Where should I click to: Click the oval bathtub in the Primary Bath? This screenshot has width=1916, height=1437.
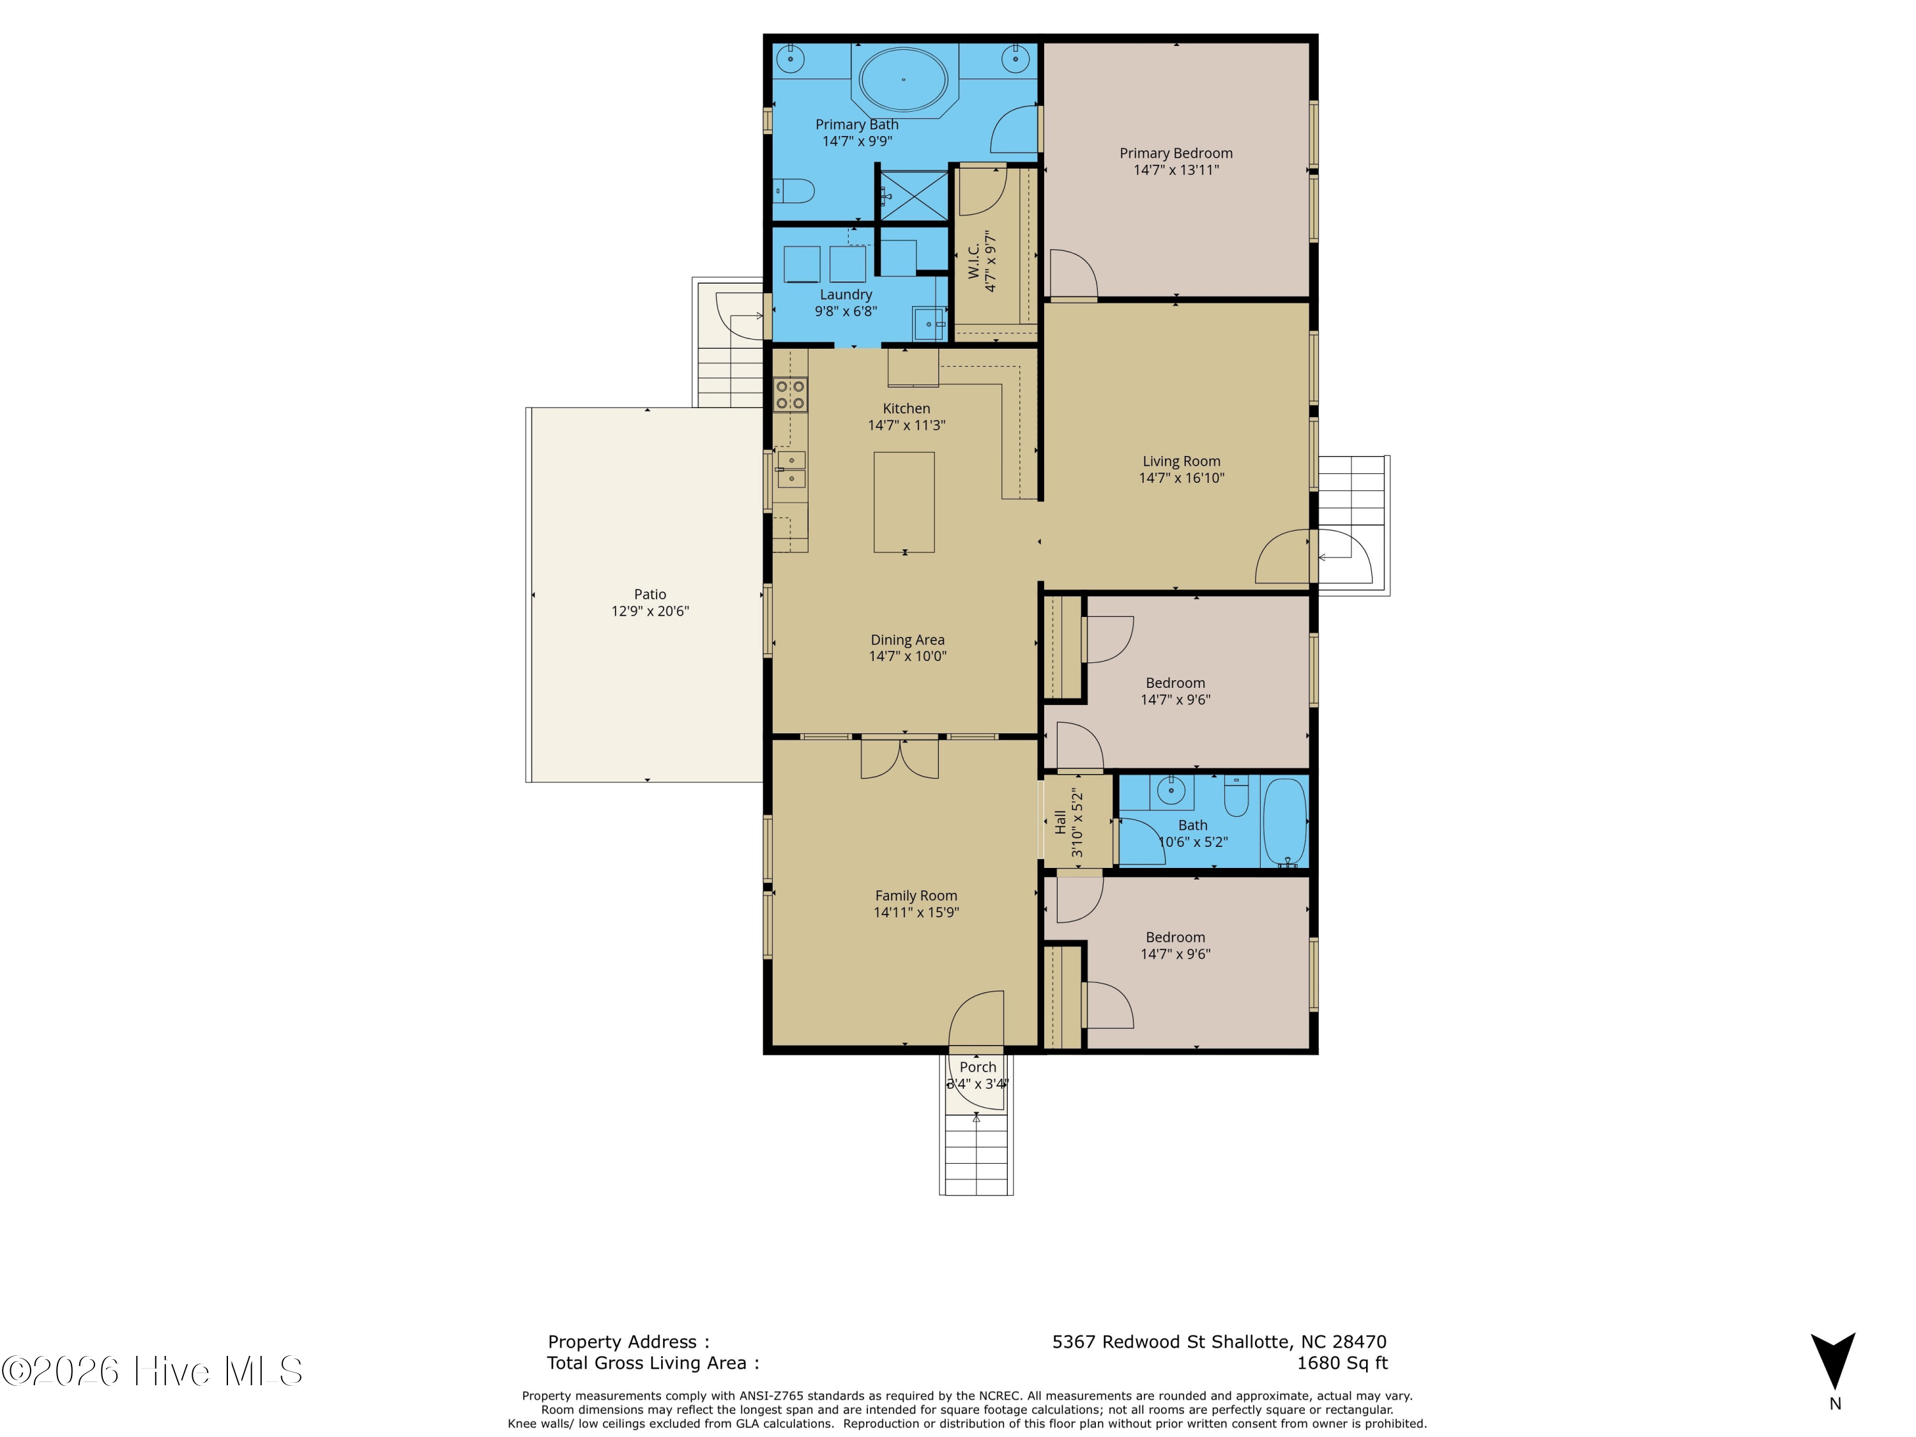pos(904,80)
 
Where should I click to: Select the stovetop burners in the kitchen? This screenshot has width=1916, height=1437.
pos(791,395)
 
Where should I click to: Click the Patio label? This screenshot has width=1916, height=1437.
pos(650,594)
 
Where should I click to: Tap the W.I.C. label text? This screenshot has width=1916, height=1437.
pos(973,261)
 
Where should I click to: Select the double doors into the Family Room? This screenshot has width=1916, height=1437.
pos(899,758)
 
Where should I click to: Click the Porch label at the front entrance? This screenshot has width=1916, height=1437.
pos(977,1067)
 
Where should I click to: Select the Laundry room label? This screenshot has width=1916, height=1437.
pos(846,294)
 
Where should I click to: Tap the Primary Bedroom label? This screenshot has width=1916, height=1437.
pos(1175,153)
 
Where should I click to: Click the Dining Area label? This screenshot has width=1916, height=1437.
pos(907,640)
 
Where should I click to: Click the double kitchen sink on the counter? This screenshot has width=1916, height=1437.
pos(791,469)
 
